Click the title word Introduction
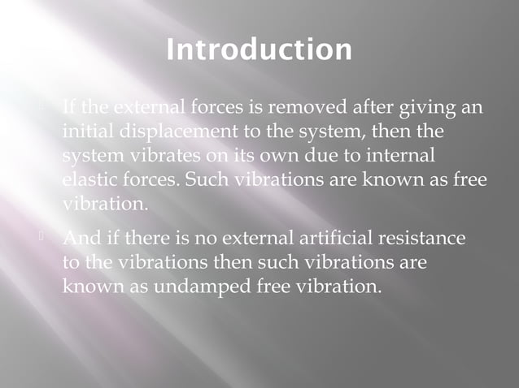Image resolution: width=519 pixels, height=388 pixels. tap(259, 50)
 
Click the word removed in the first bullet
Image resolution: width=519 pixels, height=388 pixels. tap(294, 107)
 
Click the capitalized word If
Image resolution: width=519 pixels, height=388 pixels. tap(69, 107)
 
